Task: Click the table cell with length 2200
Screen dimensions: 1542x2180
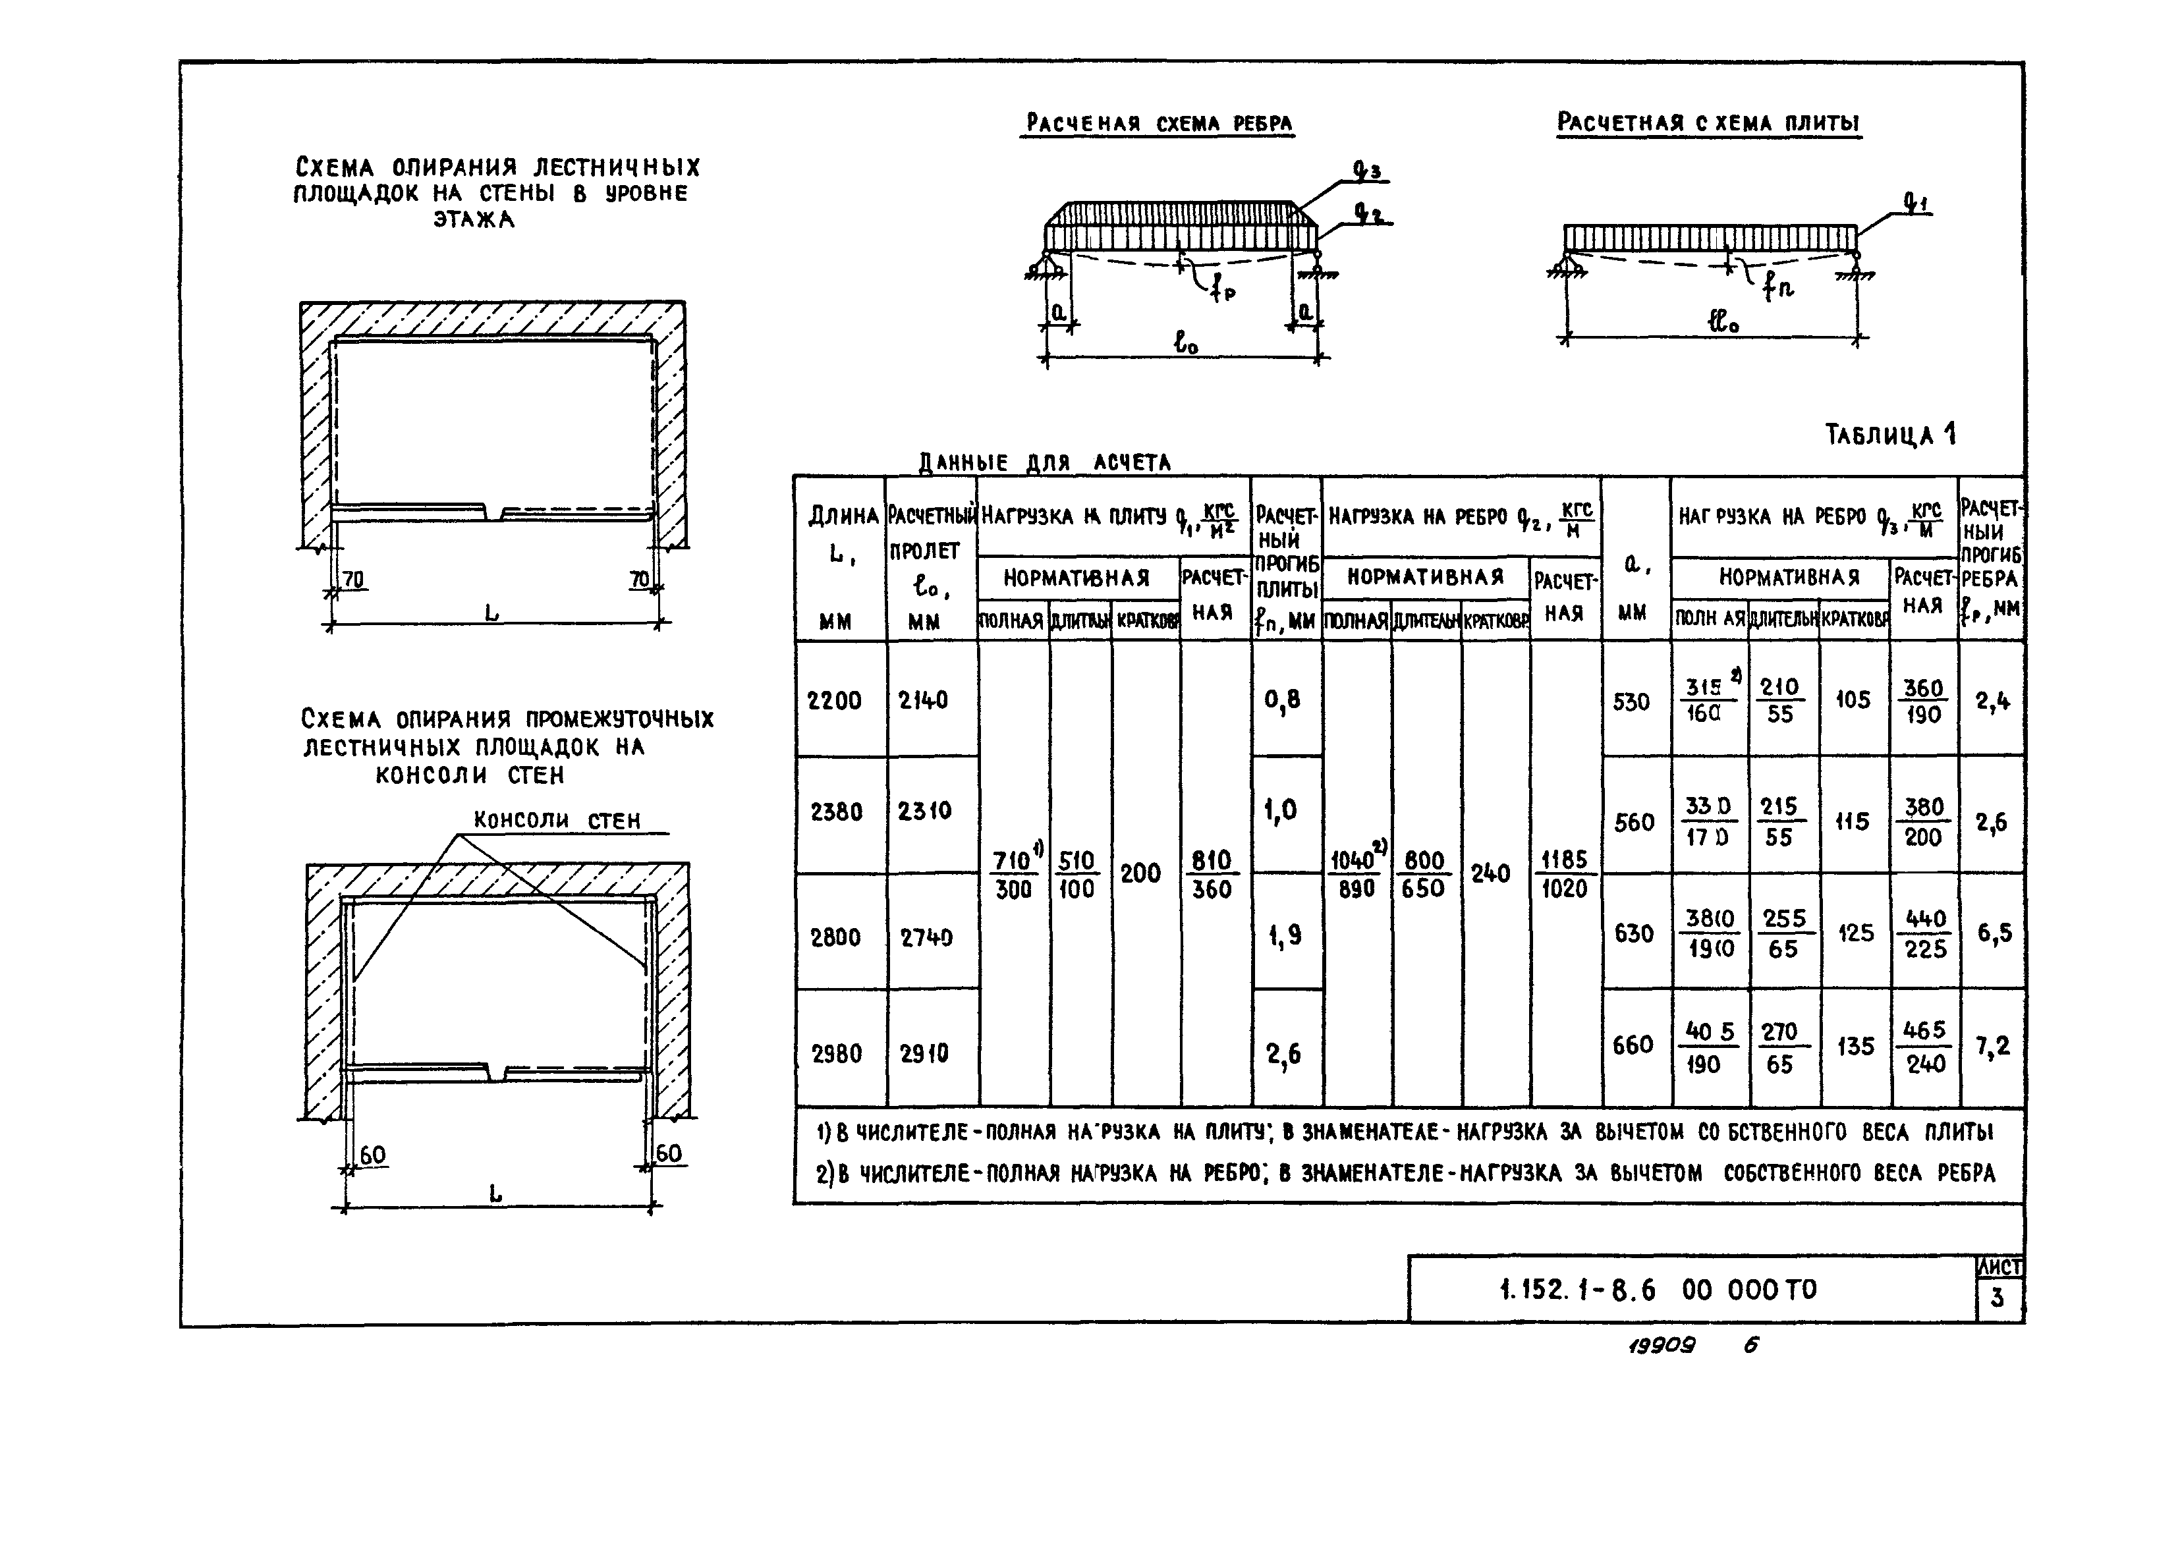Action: click(835, 701)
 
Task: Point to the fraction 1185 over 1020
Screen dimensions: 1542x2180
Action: click(1564, 873)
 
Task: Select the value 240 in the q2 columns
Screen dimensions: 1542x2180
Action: click(1490, 873)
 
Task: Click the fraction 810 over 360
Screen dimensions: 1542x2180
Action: click(1212, 875)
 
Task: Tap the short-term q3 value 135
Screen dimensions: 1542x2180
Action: click(1855, 1047)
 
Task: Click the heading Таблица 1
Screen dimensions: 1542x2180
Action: click(1889, 435)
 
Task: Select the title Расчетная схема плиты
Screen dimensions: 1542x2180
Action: click(1708, 123)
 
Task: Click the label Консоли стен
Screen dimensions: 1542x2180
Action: click(557, 819)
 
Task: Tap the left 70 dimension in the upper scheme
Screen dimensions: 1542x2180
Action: click(353, 578)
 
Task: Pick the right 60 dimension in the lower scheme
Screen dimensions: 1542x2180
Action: click(669, 1153)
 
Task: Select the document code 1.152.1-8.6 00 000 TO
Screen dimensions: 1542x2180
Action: click(1658, 1290)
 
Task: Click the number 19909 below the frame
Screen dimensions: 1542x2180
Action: click(1662, 1346)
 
